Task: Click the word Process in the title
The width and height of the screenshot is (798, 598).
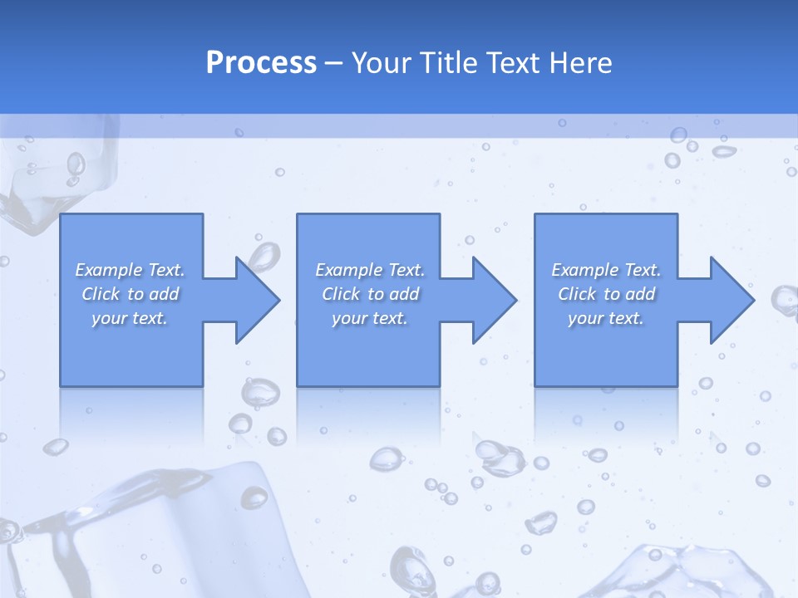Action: pyautogui.click(x=261, y=63)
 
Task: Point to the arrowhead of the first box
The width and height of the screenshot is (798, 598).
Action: pyautogui.click(x=256, y=300)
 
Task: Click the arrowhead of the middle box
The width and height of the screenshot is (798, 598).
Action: pyautogui.click(x=494, y=300)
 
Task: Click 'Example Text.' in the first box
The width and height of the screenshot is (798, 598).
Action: pyautogui.click(x=130, y=270)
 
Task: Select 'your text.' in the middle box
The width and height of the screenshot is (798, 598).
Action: pyautogui.click(x=370, y=318)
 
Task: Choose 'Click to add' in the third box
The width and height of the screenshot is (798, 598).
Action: pyautogui.click(x=606, y=294)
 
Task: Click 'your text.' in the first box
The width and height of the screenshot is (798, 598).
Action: pyautogui.click(x=130, y=318)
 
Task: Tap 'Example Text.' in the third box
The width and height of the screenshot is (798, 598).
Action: pyautogui.click(x=606, y=270)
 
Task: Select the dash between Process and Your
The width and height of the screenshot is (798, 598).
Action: pyautogui.click(x=333, y=63)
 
